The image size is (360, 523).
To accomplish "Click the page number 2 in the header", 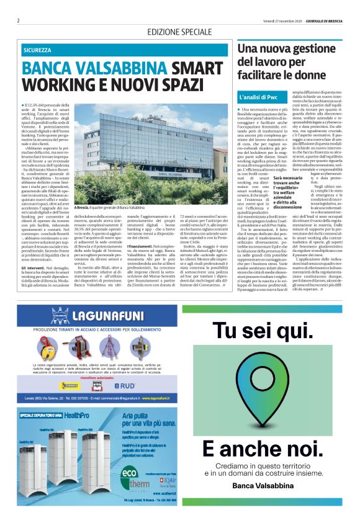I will click(x=19, y=20).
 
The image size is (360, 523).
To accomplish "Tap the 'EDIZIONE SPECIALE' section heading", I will click(x=179, y=32).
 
